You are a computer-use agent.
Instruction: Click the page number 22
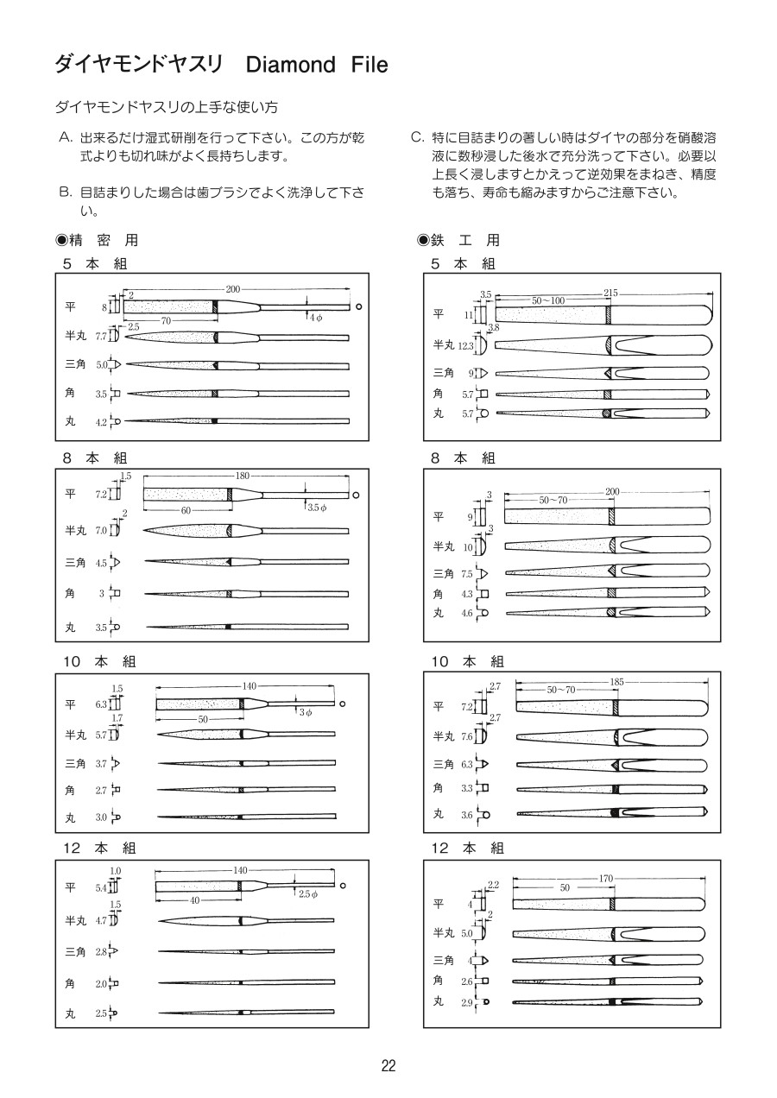point(388,1065)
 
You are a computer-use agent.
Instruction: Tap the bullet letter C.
point(416,137)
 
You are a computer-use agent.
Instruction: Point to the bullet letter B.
point(64,192)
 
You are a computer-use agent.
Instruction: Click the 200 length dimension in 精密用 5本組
point(232,288)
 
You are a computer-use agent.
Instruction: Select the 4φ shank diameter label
point(316,319)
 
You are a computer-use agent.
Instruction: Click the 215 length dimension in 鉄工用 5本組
point(611,293)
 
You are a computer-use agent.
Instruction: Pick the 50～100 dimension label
point(548,300)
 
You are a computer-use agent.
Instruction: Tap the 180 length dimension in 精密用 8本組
point(243,476)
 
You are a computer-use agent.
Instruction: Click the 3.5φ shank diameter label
point(317,508)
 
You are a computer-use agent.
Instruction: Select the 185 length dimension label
point(616,682)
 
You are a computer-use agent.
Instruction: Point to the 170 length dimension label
point(605,879)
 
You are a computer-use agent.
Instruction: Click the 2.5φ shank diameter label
point(308,894)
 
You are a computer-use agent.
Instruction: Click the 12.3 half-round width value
point(467,346)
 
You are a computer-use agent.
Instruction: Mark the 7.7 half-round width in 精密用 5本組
point(100,337)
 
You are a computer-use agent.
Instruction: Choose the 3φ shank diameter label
point(306,712)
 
